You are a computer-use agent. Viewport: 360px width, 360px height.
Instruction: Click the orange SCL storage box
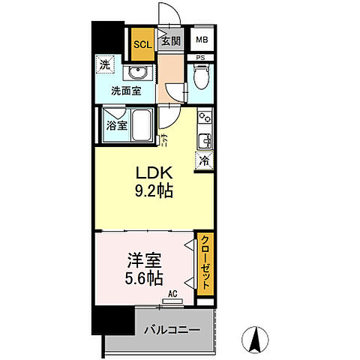142,43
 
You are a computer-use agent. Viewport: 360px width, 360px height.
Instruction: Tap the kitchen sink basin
204,139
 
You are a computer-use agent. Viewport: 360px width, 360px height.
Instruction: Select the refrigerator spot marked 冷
204,159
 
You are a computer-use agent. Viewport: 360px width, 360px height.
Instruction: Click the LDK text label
154,173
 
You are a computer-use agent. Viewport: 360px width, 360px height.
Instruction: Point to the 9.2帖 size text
153,191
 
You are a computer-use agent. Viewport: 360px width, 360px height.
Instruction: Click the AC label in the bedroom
172,295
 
